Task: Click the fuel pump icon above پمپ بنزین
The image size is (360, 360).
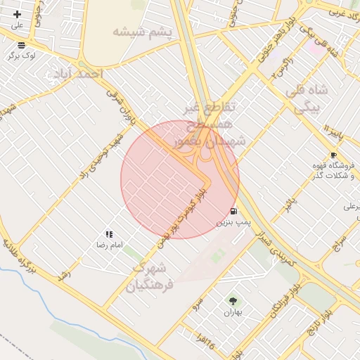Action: [233, 211]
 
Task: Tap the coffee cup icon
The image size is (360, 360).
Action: [333, 155]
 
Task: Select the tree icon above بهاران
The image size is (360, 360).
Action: [231, 301]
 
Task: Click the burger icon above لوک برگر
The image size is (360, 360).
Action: [22, 44]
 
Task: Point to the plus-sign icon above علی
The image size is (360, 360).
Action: [17, 14]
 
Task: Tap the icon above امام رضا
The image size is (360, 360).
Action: [109, 234]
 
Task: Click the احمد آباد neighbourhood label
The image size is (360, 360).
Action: [77, 73]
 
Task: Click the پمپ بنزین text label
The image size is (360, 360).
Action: [233, 222]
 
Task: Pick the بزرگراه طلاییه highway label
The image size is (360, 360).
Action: [18, 256]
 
